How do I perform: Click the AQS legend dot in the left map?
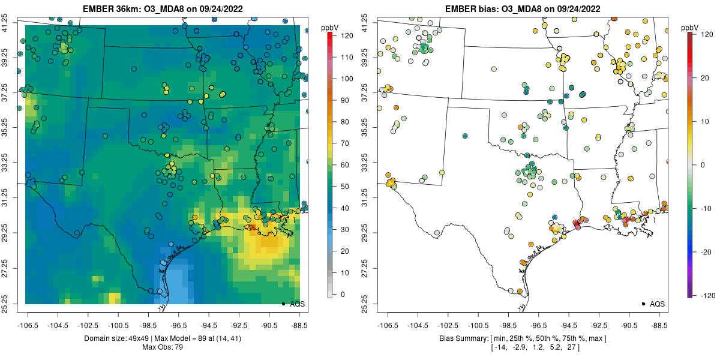click(283, 304)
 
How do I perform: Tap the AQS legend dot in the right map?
click(643, 304)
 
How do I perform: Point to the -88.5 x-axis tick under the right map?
click(659, 326)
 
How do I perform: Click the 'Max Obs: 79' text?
click(163, 347)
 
